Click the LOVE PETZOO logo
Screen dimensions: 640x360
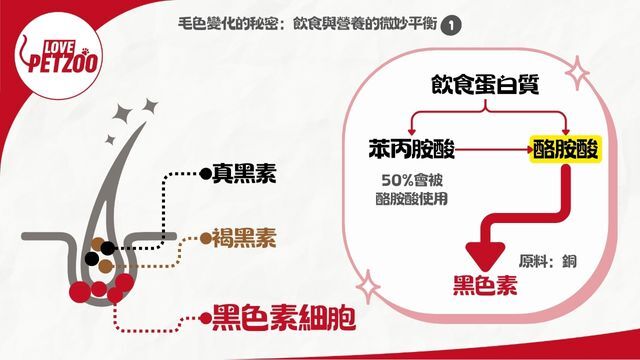click(x=58, y=56)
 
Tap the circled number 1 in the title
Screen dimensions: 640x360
click(x=451, y=26)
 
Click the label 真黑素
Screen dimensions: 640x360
click(x=244, y=173)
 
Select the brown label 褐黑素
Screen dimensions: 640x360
click(x=244, y=238)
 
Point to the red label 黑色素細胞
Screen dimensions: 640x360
click(x=284, y=318)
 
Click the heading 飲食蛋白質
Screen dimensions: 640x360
click(x=485, y=84)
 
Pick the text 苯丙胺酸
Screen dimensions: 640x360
click(x=411, y=149)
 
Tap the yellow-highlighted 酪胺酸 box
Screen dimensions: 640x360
click(x=565, y=149)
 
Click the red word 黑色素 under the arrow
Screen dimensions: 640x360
click(x=485, y=285)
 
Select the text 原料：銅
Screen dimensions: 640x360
click(x=548, y=261)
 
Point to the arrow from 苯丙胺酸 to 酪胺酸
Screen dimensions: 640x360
click(x=494, y=149)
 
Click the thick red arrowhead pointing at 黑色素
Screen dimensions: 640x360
click(x=485, y=255)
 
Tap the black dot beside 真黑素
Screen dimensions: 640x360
click(x=206, y=174)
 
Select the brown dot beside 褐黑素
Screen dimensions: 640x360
click(x=206, y=238)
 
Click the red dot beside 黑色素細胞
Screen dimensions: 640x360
click(x=206, y=318)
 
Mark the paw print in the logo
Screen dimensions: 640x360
click(x=85, y=51)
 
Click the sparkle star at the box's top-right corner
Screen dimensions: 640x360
click(x=577, y=73)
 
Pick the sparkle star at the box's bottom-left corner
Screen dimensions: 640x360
click(x=368, y=286)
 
